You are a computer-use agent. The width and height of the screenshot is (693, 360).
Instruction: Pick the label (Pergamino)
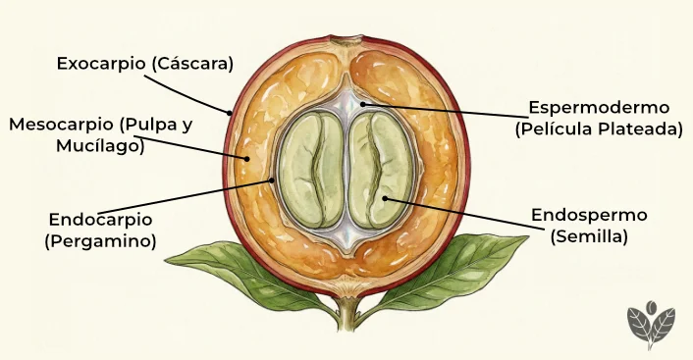(100, 240)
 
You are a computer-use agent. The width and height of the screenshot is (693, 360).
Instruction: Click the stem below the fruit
(346, 314)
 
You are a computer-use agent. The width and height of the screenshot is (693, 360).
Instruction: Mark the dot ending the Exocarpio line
(231, 114)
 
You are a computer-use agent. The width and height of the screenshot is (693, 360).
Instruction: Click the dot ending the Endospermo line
(386, 199)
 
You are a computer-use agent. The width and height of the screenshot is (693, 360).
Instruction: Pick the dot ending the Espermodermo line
(361, 103)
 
